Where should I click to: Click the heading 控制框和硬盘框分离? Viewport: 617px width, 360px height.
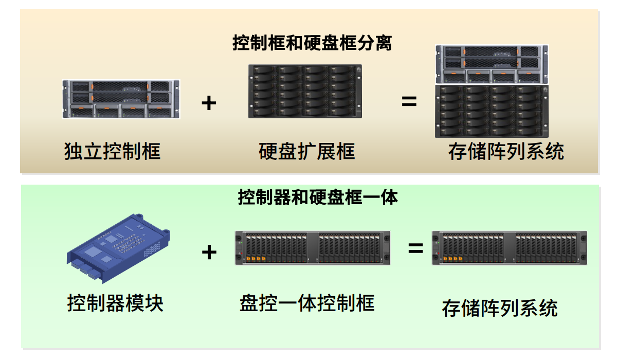(312, 43)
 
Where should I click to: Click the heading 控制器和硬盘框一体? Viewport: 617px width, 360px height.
(318, 196)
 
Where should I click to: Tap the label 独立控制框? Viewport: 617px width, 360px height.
(112, 151)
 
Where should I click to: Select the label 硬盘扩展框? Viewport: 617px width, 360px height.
(306, 151)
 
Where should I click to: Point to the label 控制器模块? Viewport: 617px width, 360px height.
(115, 303)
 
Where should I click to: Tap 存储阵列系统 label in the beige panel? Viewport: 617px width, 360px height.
(506, 151)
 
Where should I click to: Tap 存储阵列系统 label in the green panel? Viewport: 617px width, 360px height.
(500, 308)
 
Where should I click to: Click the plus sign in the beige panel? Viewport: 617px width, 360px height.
(209, 103)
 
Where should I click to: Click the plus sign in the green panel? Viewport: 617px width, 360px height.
(209, 252)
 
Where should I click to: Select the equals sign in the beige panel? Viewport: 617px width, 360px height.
(409, 101)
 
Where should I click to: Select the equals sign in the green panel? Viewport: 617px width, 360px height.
(415, 249)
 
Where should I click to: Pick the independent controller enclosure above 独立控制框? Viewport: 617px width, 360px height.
(121, 99)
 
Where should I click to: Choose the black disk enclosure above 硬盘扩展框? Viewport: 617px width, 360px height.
(305, 91)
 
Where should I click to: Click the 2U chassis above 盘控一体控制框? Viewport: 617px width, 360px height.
(312, 248)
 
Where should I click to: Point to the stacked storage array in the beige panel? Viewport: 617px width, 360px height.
(492, 91)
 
